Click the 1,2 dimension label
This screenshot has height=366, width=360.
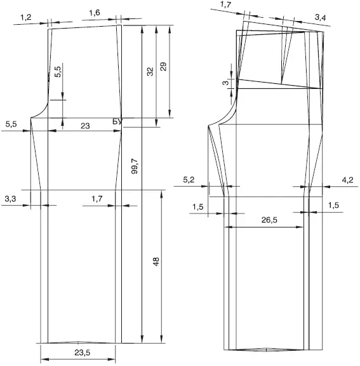(26, 17)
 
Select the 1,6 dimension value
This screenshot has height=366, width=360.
(95, 13)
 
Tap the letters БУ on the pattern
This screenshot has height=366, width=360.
(117, 121)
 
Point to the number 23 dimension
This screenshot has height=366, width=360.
(85, 126)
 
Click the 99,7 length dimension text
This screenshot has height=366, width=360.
(135, 166)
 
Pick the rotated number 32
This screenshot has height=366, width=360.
(150, 71)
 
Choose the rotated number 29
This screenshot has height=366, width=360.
(163, 67)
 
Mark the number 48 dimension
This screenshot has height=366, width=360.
(156, 261)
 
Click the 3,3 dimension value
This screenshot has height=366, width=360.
(10, 199)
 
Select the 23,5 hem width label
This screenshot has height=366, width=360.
(83, 353)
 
